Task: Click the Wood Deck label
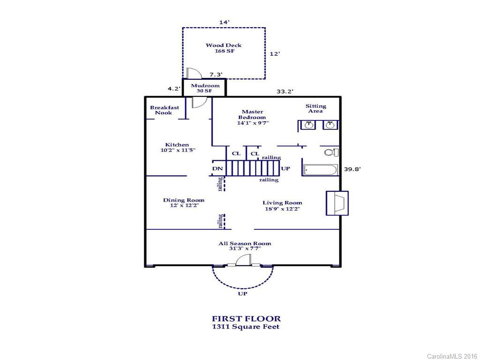point(224,48)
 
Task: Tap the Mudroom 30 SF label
point(205,88)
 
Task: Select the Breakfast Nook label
point(165,110)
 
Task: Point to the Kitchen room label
point(178,147)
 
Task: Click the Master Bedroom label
point(253,117)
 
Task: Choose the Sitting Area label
point(315,108)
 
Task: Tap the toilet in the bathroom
point(331,152)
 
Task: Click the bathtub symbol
point(321,170)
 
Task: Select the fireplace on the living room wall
point(337,203)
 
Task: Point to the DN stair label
point(217,169)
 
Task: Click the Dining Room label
point(184,202)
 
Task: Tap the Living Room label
point(282,206)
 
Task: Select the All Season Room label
point(245,246)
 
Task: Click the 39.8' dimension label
point(352,169)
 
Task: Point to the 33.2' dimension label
point(285,91)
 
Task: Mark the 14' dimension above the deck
point(224,22)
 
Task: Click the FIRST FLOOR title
point(247,319)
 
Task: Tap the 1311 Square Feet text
point(246,327)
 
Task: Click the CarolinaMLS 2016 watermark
point(452,356)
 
